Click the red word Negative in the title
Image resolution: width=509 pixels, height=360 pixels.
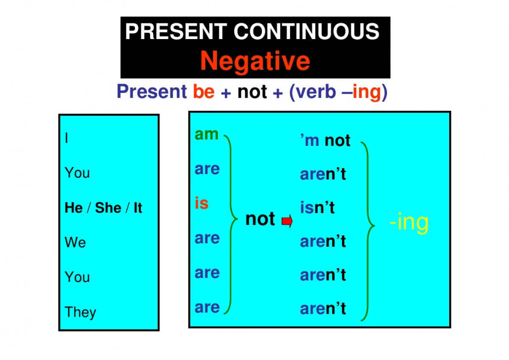tap(255, 62)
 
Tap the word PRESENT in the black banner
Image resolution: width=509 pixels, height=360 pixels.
tap(176, 31)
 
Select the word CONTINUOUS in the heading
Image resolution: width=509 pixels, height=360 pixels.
tap(307, 31)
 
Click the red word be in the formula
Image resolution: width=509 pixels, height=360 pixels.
tap(204, 91)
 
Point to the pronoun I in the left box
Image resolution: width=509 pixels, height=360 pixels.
tap(66, 138)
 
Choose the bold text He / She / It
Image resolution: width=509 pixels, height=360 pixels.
tap(103, 208)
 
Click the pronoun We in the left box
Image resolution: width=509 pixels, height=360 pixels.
tap(75, 242)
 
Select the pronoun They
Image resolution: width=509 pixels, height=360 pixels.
tap(81, 312)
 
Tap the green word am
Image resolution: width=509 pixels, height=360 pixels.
tap(207, 135)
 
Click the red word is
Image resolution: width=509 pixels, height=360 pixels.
tap(201, 203)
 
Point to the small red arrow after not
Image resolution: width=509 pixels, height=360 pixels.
tap(287, 221)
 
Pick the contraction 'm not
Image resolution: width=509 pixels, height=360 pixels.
tap(325, 140)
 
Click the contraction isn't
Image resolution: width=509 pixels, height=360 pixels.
tap(317, 207)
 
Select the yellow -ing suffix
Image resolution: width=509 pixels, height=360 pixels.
tap(409, 222)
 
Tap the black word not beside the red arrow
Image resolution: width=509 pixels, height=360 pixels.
tap(260, 219)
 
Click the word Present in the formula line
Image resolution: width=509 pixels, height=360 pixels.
tap(152, 91)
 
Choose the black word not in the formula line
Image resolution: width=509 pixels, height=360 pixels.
tap(252, 92)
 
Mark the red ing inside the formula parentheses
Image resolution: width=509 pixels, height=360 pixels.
tap(367, 93)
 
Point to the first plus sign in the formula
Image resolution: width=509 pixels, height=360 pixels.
tap(226, 93)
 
